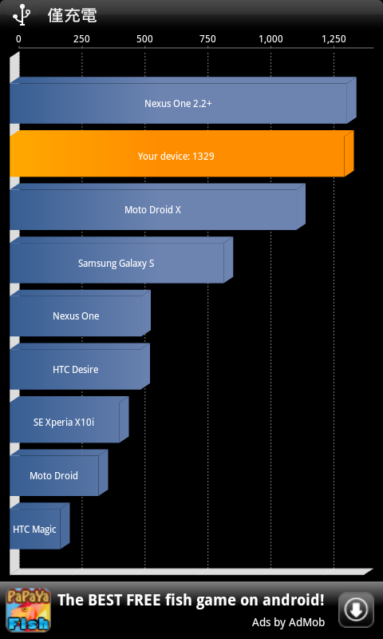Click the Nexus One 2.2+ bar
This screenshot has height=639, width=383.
tap(183, 101)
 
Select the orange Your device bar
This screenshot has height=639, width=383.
tap(182, 153)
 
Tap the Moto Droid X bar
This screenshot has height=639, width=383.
tap(157, 207)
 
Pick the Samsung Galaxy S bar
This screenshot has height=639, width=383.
tap(121, 260)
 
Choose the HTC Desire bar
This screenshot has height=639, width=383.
tap(80, 367)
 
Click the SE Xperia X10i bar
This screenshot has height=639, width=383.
tap(69, 420)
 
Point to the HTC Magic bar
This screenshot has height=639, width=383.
tap(39, 526)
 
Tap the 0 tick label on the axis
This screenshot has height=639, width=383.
tap(18, 39)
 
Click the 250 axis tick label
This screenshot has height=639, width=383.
tap(82, 39)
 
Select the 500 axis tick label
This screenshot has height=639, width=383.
tap(145, 39)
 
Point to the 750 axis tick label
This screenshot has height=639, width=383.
tap(208, 39)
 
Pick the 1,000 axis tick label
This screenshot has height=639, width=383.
tap(271, 39)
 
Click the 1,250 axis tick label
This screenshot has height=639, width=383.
tap(334, 39)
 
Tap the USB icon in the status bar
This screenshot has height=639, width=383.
tap(22, 14)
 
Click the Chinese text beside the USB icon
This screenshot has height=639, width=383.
tap(73, 15)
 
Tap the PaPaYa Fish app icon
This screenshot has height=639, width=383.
tap(28, 610)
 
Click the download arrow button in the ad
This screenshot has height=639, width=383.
tap(356, 609)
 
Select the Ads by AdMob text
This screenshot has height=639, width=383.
tap(288, 622)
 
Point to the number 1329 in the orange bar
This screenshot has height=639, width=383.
tap(203, 156)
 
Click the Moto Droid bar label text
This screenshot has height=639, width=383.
tap(53, 475)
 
